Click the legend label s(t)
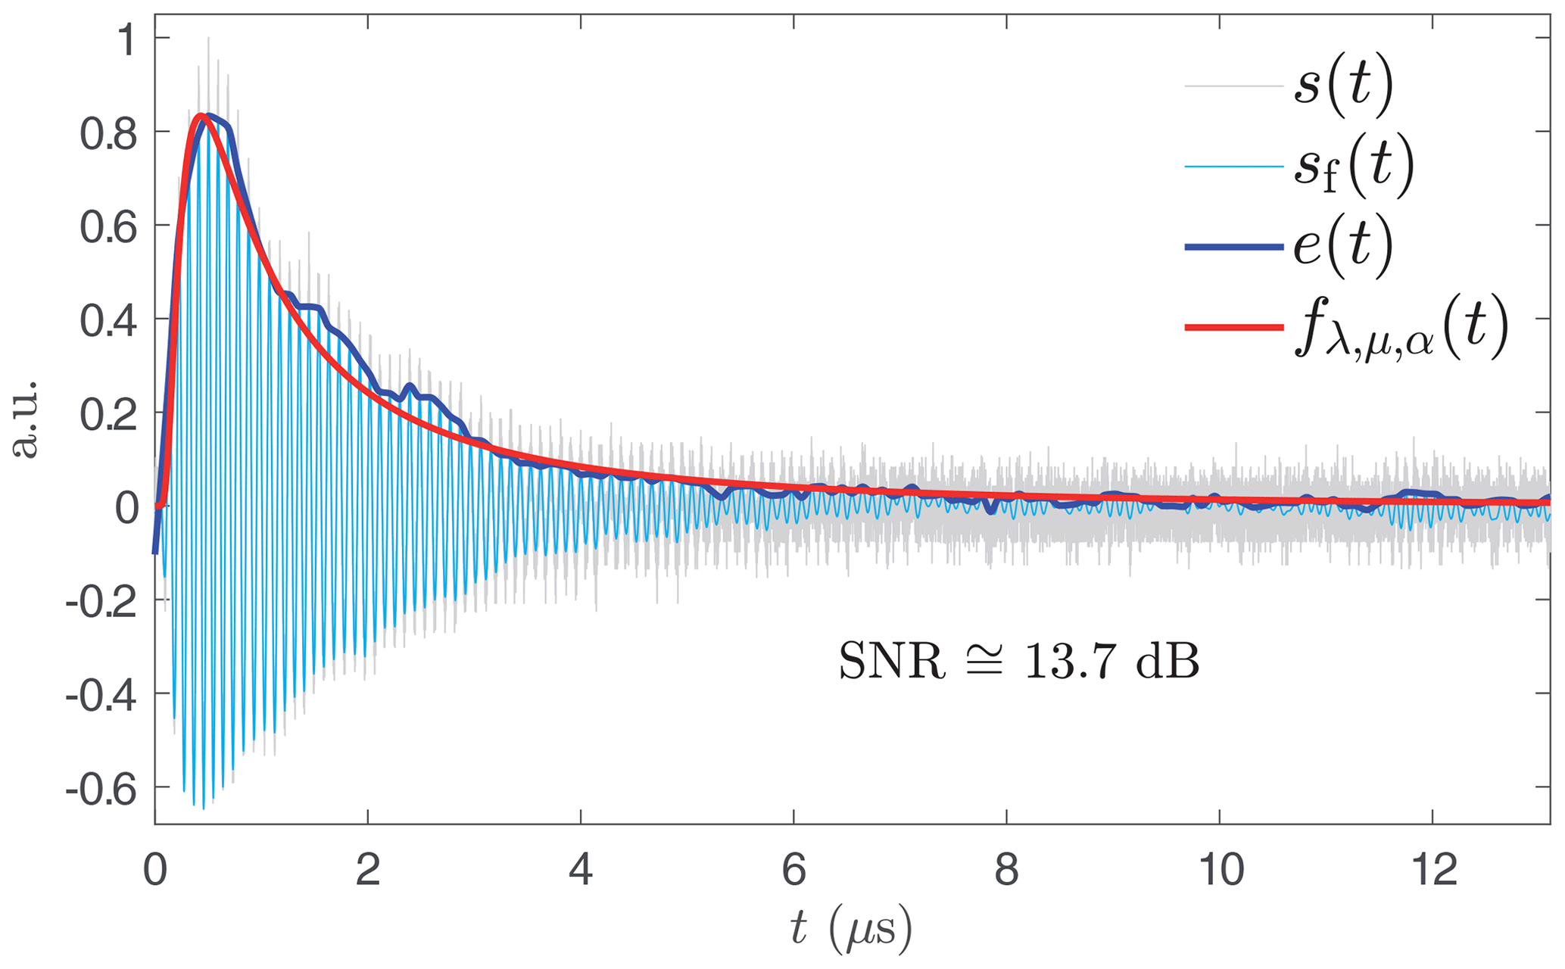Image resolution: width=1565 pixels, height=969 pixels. click(x=1343, y=87)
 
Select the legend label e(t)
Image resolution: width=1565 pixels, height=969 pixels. click(x=1343, y=248)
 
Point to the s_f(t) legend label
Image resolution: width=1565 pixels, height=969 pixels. click(x=1354, y=167)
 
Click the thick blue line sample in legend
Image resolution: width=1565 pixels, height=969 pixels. click(x=1233, y=248)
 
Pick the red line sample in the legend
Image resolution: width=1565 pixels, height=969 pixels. click(x=1233, y=327)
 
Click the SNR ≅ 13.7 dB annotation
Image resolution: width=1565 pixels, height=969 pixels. click(x=1018, y=662)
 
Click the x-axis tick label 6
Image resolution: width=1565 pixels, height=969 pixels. click(x=793, y=871)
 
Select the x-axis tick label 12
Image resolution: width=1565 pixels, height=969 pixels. click(x=1432, y=871)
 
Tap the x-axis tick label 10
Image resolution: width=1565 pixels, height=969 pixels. click(x=1219, y=871)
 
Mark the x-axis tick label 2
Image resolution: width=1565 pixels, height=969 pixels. click(x=368, y=871)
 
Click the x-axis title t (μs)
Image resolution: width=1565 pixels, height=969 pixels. click(x=851, y=929)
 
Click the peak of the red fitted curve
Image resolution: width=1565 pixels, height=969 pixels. click(x=200, y=116)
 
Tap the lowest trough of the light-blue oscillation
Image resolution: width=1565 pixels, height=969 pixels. click(x=203, y=809)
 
